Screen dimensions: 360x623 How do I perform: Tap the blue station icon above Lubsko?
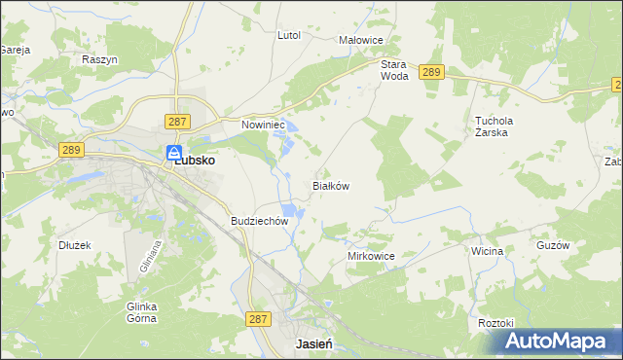[173, 152]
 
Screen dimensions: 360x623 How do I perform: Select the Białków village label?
[330, 185]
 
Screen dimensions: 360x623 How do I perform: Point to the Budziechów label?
[260, 221]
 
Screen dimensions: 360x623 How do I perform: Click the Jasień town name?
[315, 345]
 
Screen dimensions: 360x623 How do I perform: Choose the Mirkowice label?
[371, 256]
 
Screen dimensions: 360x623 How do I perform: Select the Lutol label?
[289, 35]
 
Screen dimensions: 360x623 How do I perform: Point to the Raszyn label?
[99, 59]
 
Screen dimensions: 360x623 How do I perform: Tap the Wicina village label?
[486, 251]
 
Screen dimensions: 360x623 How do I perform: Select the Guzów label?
[552, 246]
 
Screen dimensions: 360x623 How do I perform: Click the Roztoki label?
[495, 322]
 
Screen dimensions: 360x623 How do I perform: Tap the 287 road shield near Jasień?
[258, 318]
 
